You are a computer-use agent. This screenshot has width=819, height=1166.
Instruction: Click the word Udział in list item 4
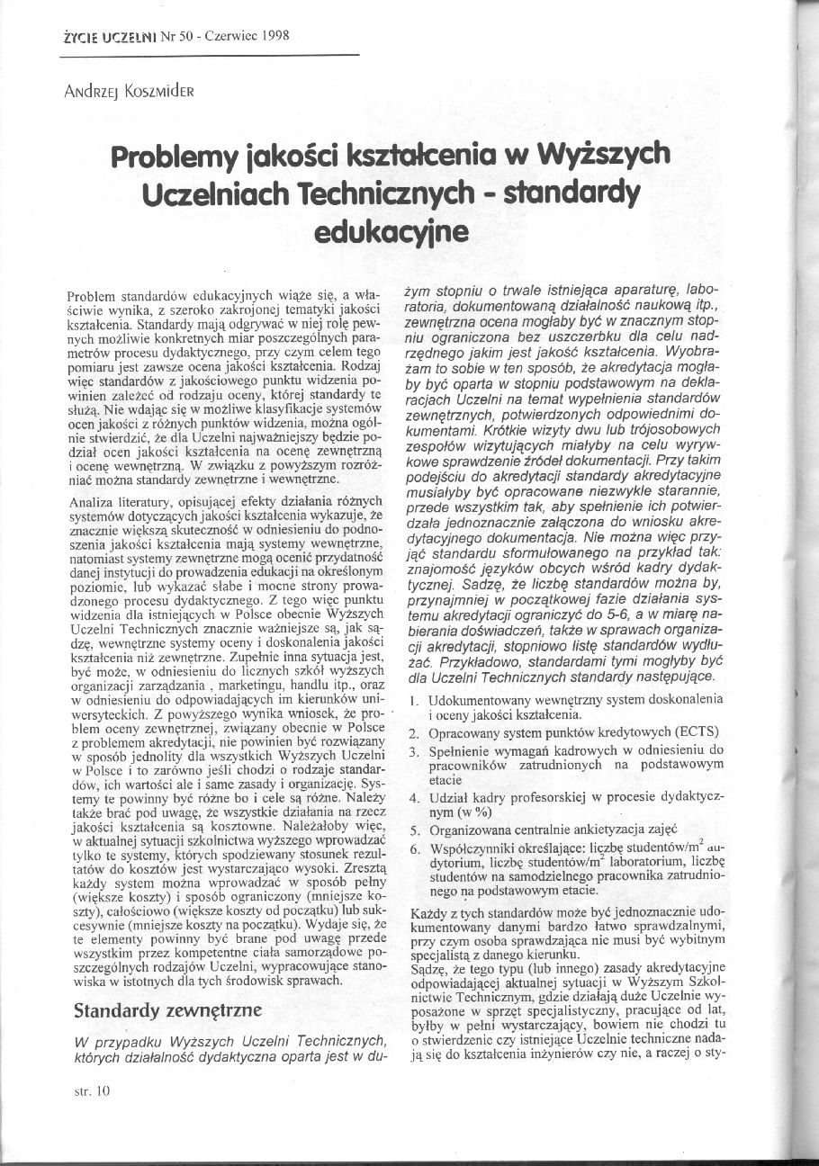click(447, 797)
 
